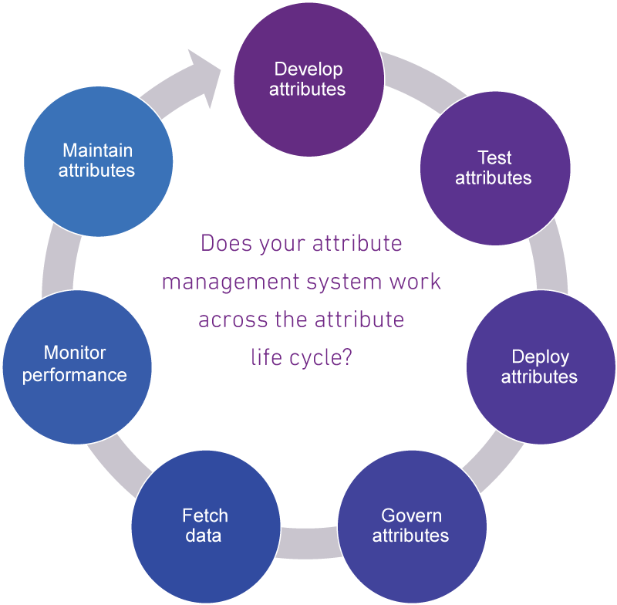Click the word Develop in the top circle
tap(308, 69)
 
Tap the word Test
tap(494, 158)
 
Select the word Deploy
tap(540, 357)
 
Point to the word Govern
tap(411, 515)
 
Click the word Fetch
tap(204, 515)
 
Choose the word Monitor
tap(75, 353)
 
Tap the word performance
tap(74, 376)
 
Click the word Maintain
tap(97, 150)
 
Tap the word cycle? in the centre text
tap(323, 357)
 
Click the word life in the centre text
tap(266, 357)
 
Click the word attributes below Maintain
tap(97, 170)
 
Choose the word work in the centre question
tap(416, 282)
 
